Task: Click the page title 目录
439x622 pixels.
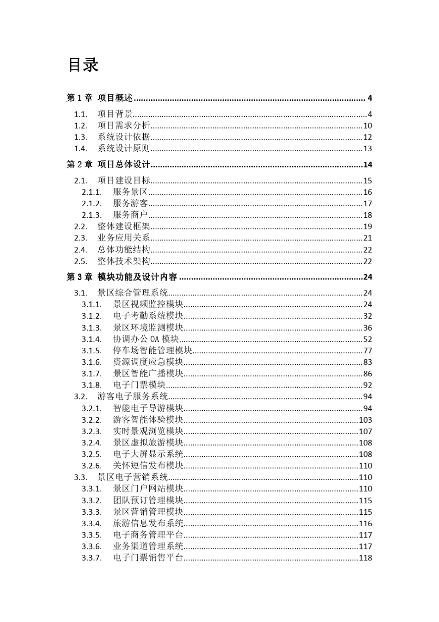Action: click(x=84, y=65)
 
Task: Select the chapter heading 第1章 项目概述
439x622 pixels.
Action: click(x=100, y=98)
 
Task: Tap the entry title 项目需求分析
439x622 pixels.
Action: click(x=124, y=126)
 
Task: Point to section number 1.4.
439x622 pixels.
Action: click(x=80, y=148)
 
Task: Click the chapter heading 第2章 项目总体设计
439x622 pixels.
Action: click(x=109, y=165)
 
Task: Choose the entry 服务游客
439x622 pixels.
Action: click(x=130, y=203)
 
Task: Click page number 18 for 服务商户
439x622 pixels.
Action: click(x=367, y=215)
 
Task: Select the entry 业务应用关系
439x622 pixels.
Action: click(x=124, y=238)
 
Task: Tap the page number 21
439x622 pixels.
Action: click(x=367, y=238)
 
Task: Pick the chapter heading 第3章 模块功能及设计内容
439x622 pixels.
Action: click(x=122, y=277)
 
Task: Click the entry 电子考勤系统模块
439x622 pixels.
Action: click(x=148, y=316)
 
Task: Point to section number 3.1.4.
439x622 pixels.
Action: click(x=91, y=339)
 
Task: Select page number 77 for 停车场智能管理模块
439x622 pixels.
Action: click(x=367, y=351)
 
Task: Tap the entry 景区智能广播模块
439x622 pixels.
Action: click(x=148, y=374)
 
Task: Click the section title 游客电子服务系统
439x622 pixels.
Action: click(x=133, y=396)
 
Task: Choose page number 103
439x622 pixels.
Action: click(x=366, y=420)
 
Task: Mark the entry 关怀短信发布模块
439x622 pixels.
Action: click(x=148, y=466)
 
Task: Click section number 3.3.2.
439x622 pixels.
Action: click(x=91, y=500)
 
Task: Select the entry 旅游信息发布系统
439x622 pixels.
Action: click(x=148, y=523)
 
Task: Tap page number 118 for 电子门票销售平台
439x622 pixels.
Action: click(x=366, y=558)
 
